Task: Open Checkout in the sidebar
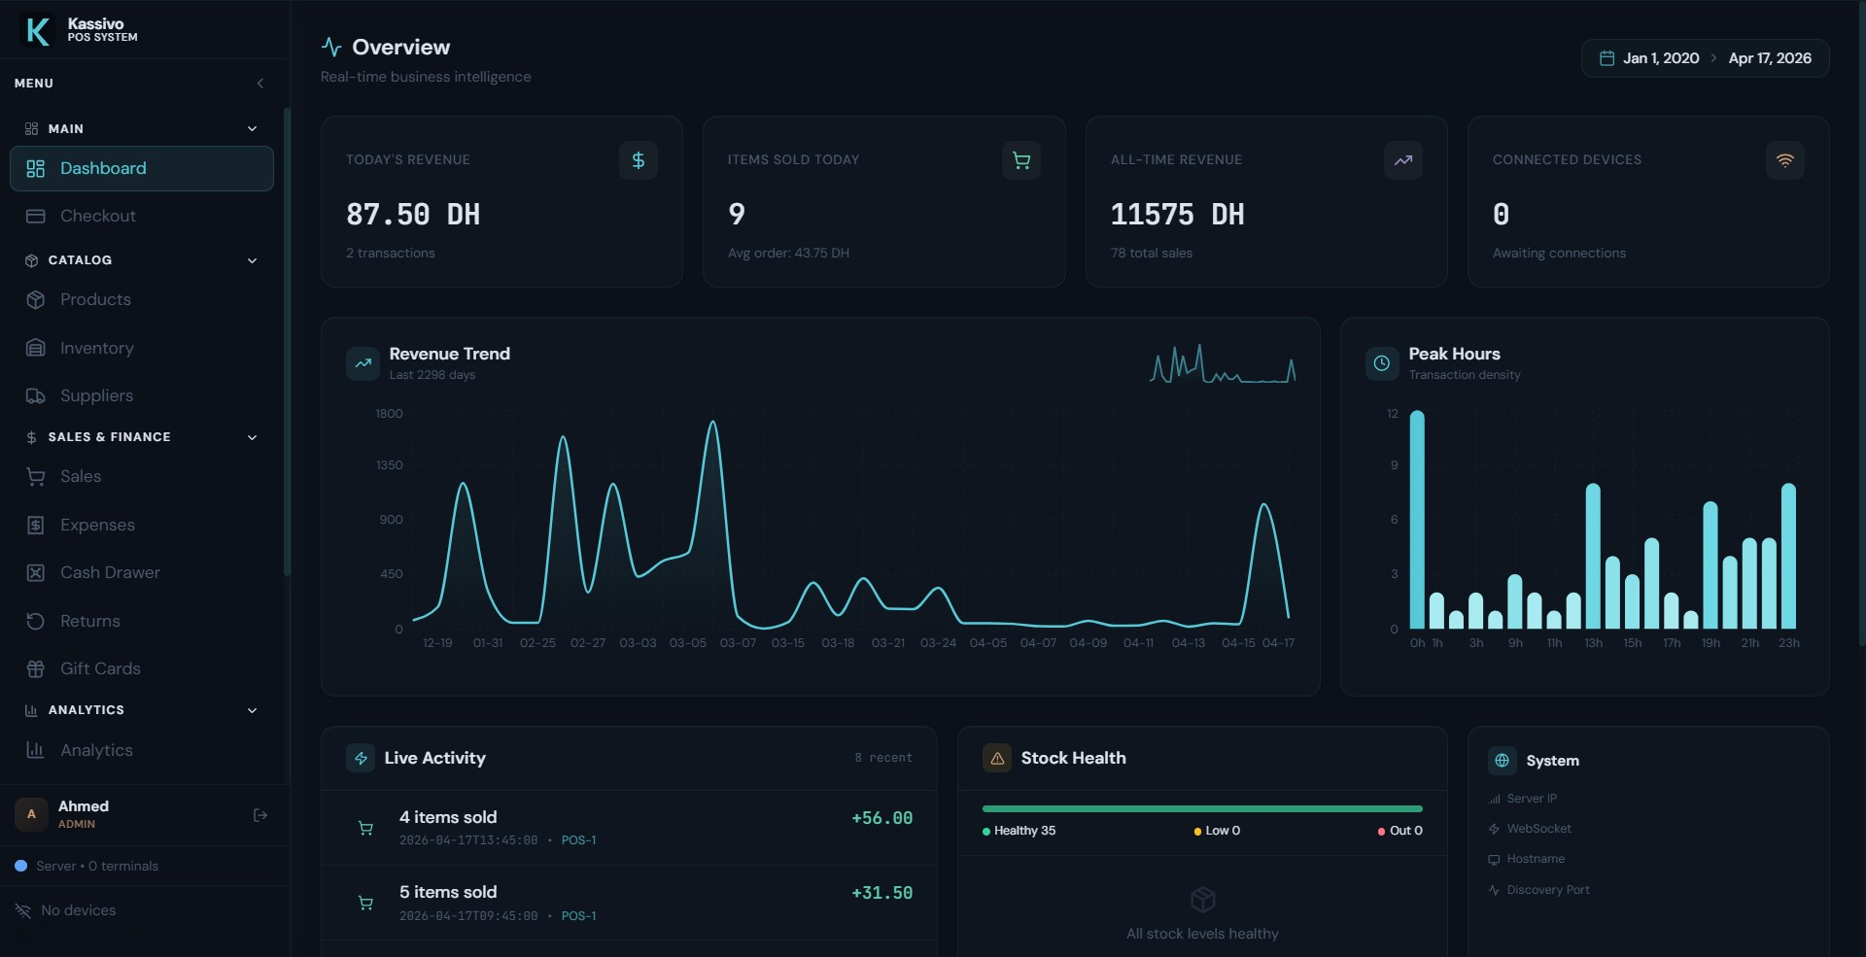click(97, 216)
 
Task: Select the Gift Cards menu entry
click(100, 668)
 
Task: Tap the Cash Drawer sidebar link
click(110, 572)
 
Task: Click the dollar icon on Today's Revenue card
click(638, 160)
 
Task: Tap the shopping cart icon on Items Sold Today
click(1020, 160)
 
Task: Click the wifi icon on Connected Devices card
click(1784, 160)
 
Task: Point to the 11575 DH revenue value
click(1177, 215)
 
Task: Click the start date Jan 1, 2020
click(1660, 58)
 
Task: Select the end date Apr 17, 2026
click(1769, 58)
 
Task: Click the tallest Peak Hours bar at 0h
click(1417, 520)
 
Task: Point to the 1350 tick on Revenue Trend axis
click(389, 465)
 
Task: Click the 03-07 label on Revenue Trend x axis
click(738, 643)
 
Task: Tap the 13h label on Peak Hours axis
click(1593, 643)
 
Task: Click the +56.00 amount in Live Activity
click(881, 818)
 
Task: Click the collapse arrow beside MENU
click(259, 84)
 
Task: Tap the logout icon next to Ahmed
click(259, 815)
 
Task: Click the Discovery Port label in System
click(1547, 890)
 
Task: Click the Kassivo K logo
click(37, 30)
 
